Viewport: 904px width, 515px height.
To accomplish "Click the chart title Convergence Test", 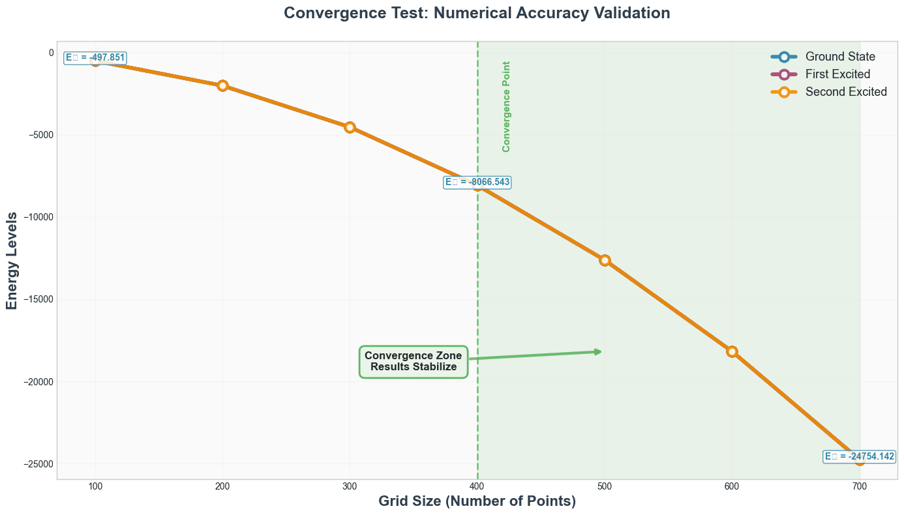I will click(x=477, y=13).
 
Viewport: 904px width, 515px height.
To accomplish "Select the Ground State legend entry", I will click(x=840, y=57).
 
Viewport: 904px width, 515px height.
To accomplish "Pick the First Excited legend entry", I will click(x=837, y=74).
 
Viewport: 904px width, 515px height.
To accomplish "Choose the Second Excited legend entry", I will click(x=846, y=92).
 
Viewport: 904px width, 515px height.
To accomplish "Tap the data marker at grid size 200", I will click(x=222, y=85).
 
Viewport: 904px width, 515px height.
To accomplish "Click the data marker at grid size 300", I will click(x=350, y=127).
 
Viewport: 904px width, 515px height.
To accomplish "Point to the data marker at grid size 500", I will click(x=605, y=260).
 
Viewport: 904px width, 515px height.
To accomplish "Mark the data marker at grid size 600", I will click(x=732, y=351).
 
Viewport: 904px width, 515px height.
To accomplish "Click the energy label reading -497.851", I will click(x=95, y=58).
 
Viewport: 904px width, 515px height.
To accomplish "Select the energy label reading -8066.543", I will click(x=477, y=183).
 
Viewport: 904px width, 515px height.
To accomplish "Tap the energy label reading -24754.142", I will click(x=859, y=457).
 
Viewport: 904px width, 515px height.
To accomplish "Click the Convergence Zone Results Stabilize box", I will click(x=414, y=361).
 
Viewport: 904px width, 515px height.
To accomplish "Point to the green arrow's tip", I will click(x=600, y=351).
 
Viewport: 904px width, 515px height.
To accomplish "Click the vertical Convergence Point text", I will click(x=506, y=107).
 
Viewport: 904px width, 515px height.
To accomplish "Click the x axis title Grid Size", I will click(x=477, y=502).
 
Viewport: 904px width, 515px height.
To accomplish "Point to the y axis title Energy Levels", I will click(x=12, y=260).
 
